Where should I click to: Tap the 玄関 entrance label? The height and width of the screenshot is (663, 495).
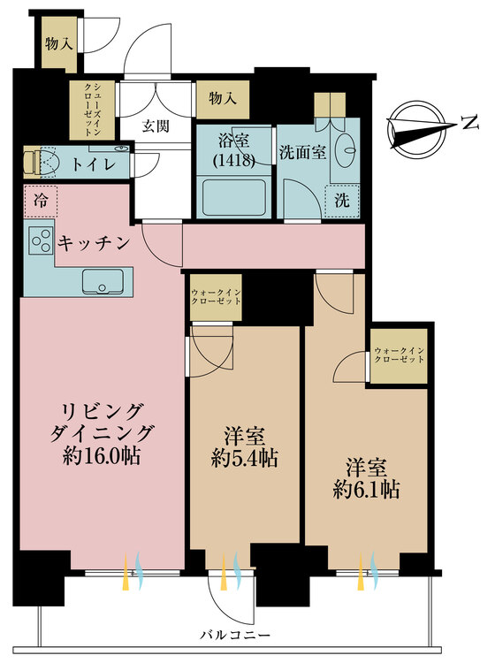156,126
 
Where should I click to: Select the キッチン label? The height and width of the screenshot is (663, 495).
95,240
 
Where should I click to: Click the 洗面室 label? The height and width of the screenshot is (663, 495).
302,151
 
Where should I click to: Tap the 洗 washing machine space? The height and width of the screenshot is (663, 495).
342,200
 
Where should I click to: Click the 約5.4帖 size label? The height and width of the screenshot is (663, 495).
245,458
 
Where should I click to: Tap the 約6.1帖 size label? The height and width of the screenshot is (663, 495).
366,489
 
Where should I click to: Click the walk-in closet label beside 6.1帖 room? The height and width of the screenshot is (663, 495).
398,357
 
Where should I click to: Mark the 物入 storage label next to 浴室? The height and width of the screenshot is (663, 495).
223,97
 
